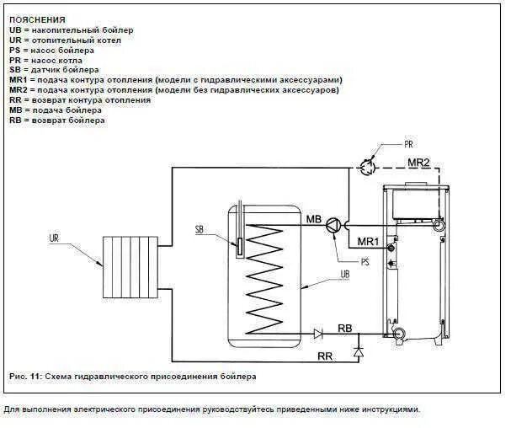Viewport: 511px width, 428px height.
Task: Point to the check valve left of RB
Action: [318, 334]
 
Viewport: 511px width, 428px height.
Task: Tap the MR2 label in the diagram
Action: [418, 161]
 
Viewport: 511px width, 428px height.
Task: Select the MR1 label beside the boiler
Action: [369, 242]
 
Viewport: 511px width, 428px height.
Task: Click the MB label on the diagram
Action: [314, 221]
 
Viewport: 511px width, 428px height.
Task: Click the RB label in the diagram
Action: [344, 327]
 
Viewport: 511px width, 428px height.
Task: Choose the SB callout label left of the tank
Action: [200, 229]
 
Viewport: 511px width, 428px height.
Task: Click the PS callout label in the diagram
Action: [365, 262]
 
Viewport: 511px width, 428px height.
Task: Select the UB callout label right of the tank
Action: [344, 275]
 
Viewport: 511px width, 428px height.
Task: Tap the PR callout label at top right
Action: [409, 144]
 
